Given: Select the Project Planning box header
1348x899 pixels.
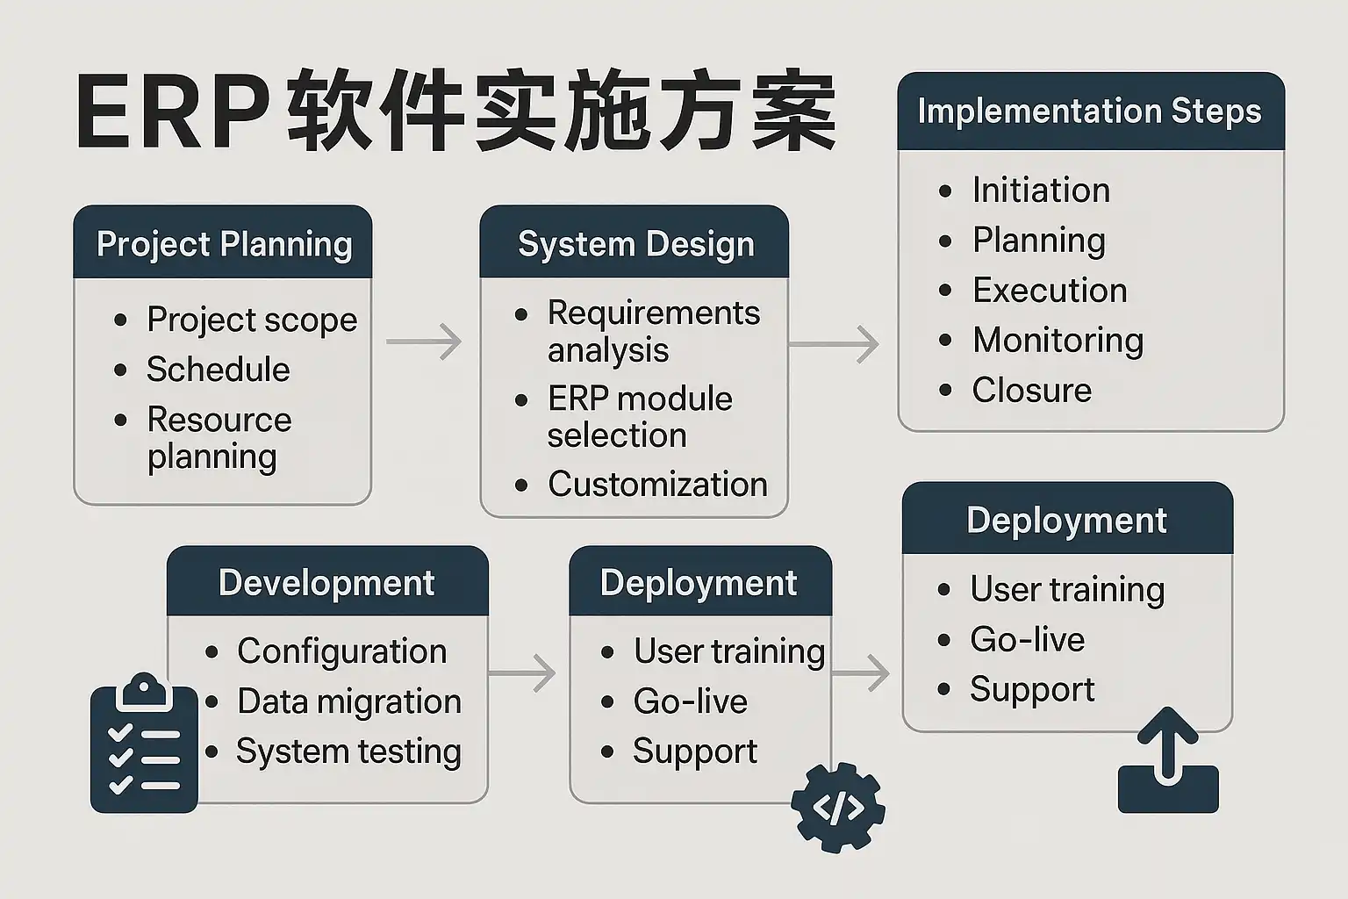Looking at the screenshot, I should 224,244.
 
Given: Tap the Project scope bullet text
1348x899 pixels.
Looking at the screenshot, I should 252,320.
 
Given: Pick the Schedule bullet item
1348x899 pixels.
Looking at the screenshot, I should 218,370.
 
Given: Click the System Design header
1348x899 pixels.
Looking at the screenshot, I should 635,244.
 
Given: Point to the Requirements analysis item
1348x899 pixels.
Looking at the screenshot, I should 653,331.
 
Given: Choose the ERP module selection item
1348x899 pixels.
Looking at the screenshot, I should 639,417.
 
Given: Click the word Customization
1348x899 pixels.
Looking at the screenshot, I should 657,485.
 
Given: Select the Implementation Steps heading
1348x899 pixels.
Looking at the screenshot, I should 1089,111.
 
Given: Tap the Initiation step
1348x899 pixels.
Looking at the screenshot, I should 1041,191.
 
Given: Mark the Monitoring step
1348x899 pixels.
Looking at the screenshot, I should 1058,341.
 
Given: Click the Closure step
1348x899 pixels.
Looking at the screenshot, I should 1031,391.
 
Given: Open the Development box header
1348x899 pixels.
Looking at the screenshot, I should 326,583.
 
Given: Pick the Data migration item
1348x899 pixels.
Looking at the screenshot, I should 348,701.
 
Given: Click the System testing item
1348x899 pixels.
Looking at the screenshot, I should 348,752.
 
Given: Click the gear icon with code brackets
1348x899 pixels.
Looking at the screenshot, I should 838,808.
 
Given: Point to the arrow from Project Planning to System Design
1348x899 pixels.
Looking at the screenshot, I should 424,342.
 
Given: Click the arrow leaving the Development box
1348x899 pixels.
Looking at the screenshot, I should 522,674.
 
